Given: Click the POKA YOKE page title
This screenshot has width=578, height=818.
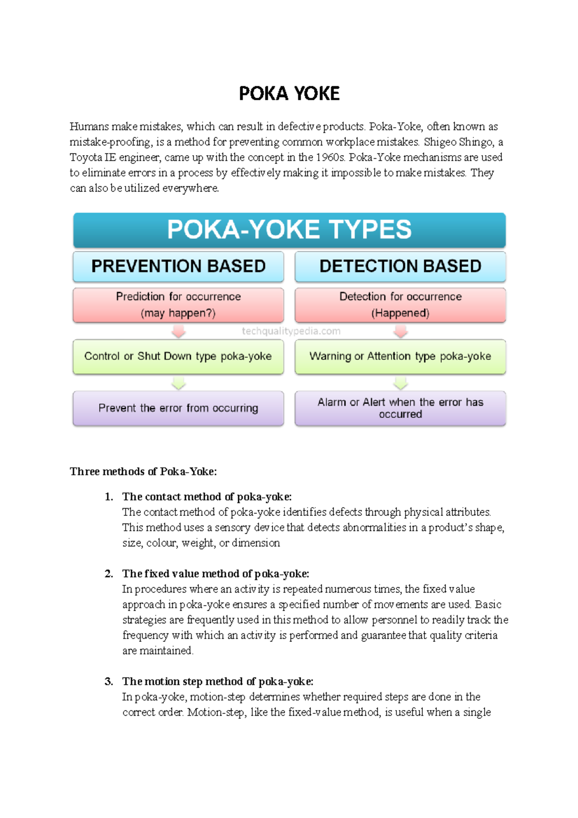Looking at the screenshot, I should (x=289, y=93).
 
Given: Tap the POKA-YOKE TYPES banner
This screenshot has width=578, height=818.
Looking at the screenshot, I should (x=289, y=230).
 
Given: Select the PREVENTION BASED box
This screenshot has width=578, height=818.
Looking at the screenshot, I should (x=178, y=266).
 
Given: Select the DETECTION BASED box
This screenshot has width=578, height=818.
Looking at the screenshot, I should (x=400, y=266).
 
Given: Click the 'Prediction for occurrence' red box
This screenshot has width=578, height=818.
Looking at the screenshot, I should (x=178, y=304).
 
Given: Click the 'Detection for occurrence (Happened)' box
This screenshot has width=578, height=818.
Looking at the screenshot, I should (x=400, y=304).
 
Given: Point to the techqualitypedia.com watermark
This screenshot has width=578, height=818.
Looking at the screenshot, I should (x=291, y=331).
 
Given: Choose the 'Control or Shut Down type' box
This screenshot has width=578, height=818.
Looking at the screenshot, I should (x=178, y=356).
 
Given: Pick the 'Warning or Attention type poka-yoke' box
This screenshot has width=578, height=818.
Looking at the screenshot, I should (x=400, y=356).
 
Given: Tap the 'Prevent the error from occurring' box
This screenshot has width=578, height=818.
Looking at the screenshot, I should (x=178, y=408).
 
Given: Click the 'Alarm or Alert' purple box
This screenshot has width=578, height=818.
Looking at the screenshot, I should (x=400, y=408).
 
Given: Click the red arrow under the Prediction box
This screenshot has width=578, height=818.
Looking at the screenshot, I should (x=179, y=331).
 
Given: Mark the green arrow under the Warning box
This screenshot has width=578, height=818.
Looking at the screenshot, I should (x=401, y=383).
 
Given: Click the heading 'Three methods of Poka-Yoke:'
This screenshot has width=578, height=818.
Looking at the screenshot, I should (x=143, y=472).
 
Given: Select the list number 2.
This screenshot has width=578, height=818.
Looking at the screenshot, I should (x=109, y=574).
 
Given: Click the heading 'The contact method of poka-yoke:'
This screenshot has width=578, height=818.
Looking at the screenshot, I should (x=207, y=497).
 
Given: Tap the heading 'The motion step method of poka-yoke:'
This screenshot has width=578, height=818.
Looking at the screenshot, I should (x=218, y=682).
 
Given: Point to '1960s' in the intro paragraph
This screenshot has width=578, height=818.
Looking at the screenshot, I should (x=330, y=158).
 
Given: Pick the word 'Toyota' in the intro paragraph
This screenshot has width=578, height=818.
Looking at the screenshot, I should (x=86, y=158).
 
